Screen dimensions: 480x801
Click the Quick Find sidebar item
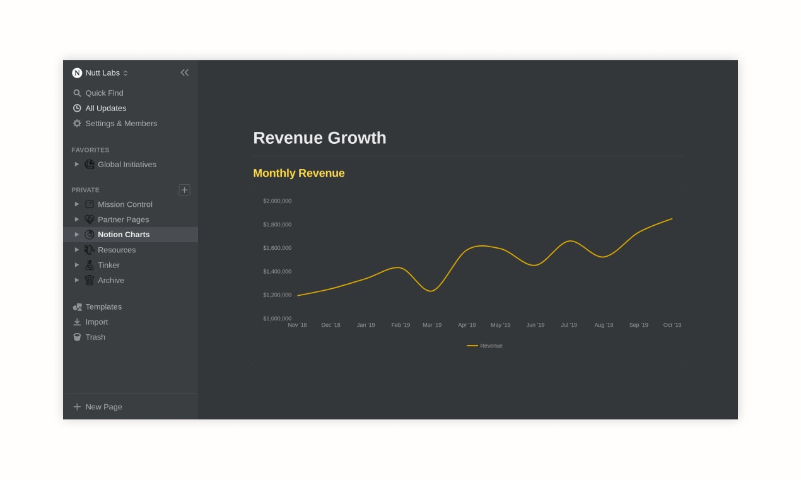[x=104, y=93]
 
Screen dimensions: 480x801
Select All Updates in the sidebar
[x=105, y=108]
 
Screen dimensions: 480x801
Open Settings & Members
[x=121, y=123]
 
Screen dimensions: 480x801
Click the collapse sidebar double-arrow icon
[x=184, y=73]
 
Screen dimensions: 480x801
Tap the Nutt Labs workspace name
[x=102, y=73]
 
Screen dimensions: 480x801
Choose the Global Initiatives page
[x=127, y=164]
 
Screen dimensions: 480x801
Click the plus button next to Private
[x=184, y=190]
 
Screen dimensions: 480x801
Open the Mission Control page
[x=125, y=204]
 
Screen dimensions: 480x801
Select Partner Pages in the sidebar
[x=123, y=220]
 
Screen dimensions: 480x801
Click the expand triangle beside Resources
[x=77, y=250]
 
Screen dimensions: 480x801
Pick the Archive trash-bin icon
[x=90, y=280]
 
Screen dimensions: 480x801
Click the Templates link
[x=103, y=307]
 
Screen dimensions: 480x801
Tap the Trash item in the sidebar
[x=95, y=337]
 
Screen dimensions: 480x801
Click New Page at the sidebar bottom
[x=103, y=407]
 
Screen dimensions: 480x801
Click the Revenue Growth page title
[x=319, y=138]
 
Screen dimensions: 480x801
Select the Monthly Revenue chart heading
[x=299, y=173]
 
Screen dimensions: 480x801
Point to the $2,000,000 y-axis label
[x=277, y=201]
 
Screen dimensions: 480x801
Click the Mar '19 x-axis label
[x=432, y=325]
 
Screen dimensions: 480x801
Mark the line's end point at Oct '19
[x=672, y=219]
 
